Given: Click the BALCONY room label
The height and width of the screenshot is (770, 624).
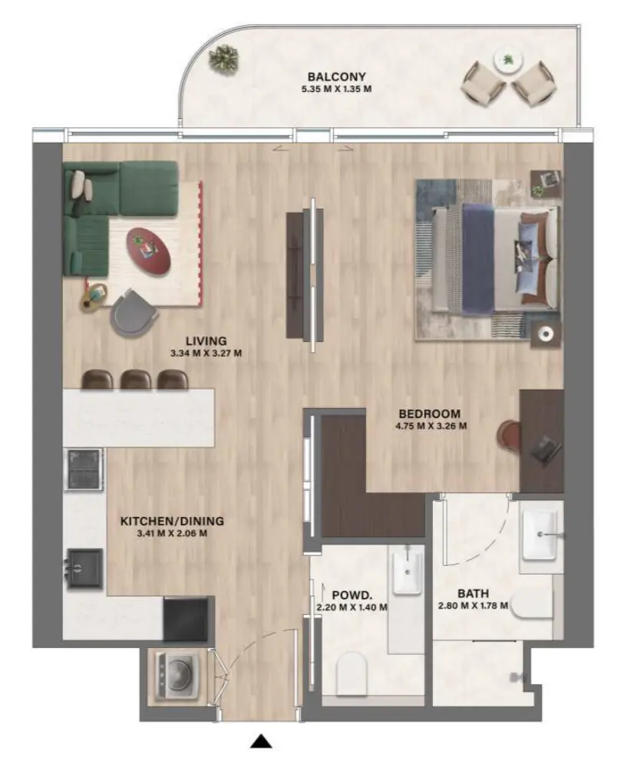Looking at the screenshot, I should tap(336, 77).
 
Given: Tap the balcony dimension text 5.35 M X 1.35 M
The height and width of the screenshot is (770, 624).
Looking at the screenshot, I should tap(336, 89).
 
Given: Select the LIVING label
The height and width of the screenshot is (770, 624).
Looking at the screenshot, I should tap(205, 341).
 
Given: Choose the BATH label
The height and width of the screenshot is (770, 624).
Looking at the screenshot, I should tap(473, 594).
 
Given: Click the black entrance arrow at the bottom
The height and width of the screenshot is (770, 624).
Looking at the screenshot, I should tap(262, 741).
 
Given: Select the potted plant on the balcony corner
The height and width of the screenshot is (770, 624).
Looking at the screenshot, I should tap(224, 56).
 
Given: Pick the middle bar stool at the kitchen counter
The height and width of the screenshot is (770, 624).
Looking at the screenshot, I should tap(136, 379).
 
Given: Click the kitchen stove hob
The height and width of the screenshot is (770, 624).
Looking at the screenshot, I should tap(84, 469).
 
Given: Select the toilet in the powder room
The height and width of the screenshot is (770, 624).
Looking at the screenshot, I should tap(354, 671).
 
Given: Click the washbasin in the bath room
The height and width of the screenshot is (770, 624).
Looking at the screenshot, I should tap(543, 534).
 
